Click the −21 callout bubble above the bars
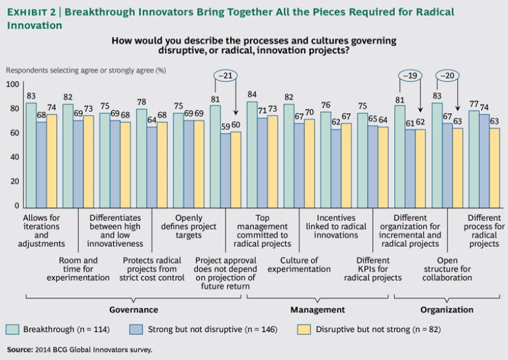coord(226,75)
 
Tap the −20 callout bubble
coord(446,75)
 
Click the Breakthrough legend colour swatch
coord(12,329)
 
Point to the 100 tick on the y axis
coord(13,85)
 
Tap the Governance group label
coord(133,309)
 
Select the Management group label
coord(317,309)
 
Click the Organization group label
coord(447,309)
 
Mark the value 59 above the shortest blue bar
coord(226,126)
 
